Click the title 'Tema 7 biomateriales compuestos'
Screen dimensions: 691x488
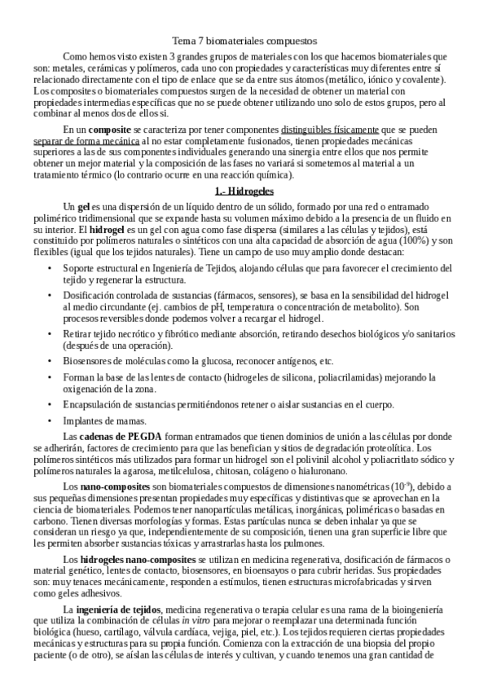point(244,39)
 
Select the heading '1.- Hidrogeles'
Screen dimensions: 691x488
point(244,191)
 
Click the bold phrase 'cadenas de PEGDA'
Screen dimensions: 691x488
point(115,436)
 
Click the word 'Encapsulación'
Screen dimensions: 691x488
point(96,405)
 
